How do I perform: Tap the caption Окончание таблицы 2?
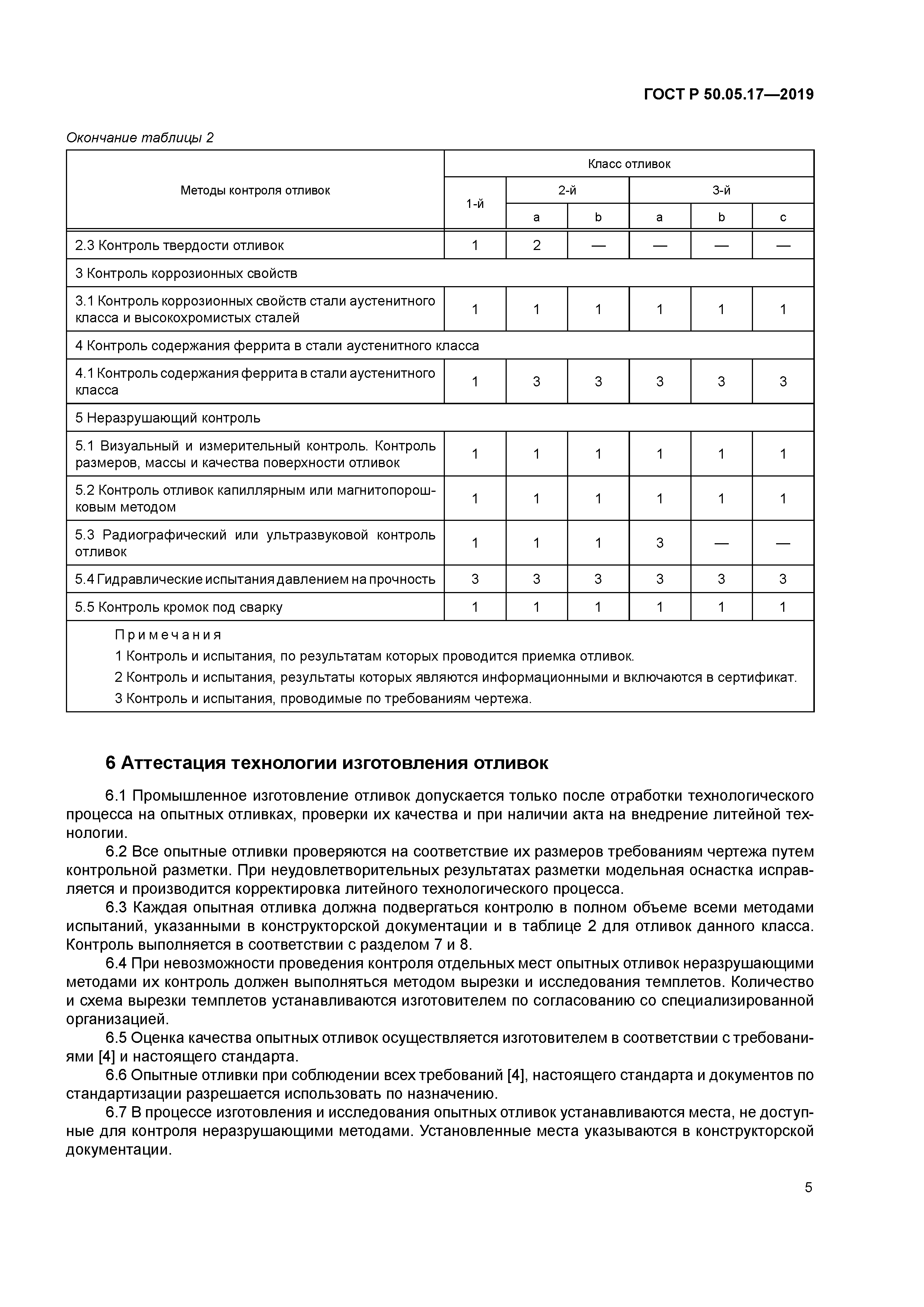click(x=140, y=138)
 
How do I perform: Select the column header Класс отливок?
click(x=629, y=164)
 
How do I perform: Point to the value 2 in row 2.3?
click(x=536, y=246)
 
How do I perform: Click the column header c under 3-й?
click(x=783, y=217)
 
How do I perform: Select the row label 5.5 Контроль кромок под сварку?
click(x=179, y=607)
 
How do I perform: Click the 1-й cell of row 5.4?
click(x=475, y=579)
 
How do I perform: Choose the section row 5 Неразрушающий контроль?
click(x=168, y=418)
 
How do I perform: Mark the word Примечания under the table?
click(x=168, y=635)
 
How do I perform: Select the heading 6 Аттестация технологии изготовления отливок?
click(x=327, y=763)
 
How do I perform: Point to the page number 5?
click(x=808, y=1187)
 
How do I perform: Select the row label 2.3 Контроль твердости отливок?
click(x=179, y=246)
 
